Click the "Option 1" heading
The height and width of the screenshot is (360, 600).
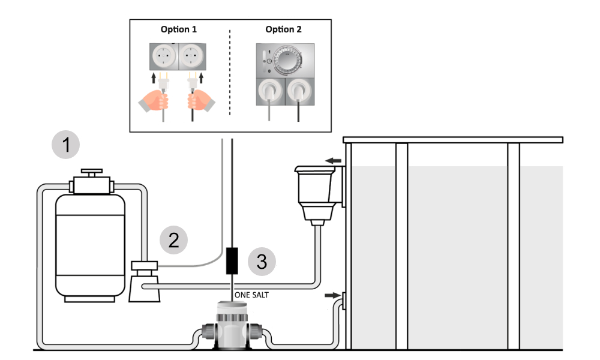[x=179, y=29]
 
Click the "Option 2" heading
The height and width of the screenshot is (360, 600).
[x=284, y=29]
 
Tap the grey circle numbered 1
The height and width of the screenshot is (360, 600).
[x=66, y=145]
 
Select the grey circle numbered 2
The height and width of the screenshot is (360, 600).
[x=174, y=240]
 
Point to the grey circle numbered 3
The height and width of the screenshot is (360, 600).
[x=262, y=262]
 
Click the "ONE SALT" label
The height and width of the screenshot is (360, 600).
[x=251, y=295]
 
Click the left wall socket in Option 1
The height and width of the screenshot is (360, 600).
[x=164, y=56]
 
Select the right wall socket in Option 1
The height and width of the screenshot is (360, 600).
[x=192, y=56]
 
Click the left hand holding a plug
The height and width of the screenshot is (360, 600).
[x=154, y=101]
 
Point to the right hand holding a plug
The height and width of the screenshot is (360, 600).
[x=201, y=101]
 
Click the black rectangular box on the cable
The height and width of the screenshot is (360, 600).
[x=232, y=260]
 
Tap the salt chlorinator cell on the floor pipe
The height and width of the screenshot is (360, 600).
[x=232, y=325]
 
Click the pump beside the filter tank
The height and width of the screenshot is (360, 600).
[x=144, y=281]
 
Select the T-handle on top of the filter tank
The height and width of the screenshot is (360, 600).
[x=91, y=173]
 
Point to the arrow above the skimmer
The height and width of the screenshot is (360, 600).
[x=333, y=161]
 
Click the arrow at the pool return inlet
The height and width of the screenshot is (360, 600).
[x=332, y=295]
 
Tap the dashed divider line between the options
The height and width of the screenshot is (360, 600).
[x=230, y=72]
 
